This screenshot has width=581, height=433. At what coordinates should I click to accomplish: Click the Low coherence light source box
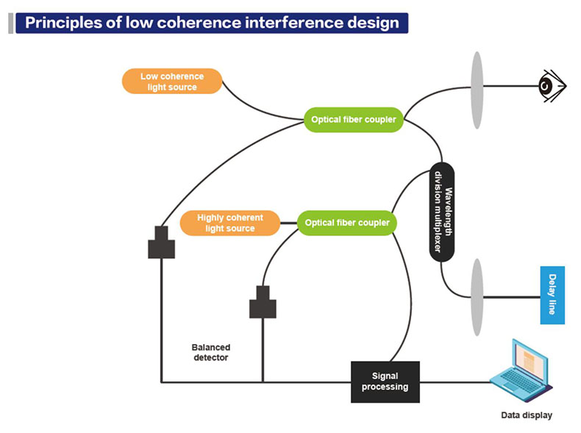(172, 81)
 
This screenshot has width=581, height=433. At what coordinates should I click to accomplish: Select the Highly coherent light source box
(230, 223)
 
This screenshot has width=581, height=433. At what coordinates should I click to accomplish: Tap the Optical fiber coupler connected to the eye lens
(354, 120)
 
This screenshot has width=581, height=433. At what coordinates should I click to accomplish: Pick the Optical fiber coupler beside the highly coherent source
(347, 223)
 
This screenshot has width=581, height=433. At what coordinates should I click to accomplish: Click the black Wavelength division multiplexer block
(442, 212)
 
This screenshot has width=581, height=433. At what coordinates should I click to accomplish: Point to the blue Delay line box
(552, 296)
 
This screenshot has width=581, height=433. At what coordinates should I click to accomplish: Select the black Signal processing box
(385, 382)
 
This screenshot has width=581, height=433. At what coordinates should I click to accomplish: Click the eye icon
(552, 86)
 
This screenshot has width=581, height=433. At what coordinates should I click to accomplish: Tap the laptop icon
(521, 371)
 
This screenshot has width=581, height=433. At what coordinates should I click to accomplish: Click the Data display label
(527, 415)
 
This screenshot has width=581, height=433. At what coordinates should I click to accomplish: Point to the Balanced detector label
(211, 352)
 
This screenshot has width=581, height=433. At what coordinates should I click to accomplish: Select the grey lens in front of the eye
(477, 90)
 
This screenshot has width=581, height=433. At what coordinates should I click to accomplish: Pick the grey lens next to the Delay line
(477, 297)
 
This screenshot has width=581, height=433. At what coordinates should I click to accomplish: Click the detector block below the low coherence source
(162, 243)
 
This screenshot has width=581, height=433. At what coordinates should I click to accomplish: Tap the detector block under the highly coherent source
(263, 302)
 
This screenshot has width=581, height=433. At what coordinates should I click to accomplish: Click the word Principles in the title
(64, 23)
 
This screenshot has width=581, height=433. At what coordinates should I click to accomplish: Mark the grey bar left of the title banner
(11, 24)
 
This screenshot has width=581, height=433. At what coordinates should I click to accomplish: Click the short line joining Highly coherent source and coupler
(289, 223)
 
